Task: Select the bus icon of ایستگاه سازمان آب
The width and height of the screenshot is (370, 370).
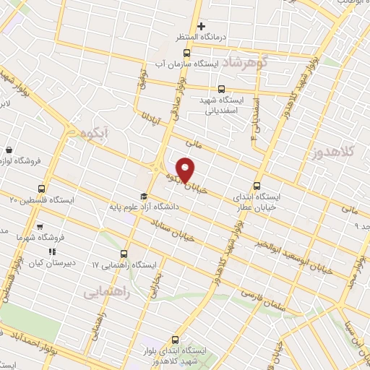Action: tap(187, 53)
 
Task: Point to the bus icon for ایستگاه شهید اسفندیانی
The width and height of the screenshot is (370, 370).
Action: tap(210, 89)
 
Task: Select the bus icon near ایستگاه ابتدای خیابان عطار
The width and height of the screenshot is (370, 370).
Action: tap(258, 184)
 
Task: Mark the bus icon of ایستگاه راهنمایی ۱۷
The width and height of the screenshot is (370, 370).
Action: tap(124, 254)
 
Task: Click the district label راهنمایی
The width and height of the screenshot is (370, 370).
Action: tap(106, 293)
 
